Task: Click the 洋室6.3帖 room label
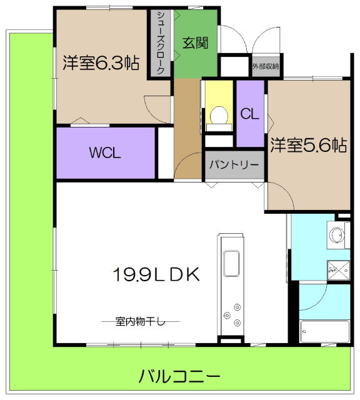[x=100, y=63]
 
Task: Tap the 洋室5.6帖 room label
[x=308, y=146]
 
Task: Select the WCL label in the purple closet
[x=104, y=153]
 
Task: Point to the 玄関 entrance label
[x=195, y=43]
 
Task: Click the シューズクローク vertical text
[x=161, y=42]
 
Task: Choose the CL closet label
[x=250, y=114]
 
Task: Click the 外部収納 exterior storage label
[x=266, y=66]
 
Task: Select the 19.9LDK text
[x=156, y=274]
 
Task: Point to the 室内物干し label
[x=140, y=321]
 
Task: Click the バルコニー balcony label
[x=179, y=377]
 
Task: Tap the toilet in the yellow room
[x=218, y=115]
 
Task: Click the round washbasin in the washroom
[x=336, y=236]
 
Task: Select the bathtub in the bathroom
[x=324, y=330]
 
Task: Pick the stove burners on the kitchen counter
[x=237, y=314]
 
